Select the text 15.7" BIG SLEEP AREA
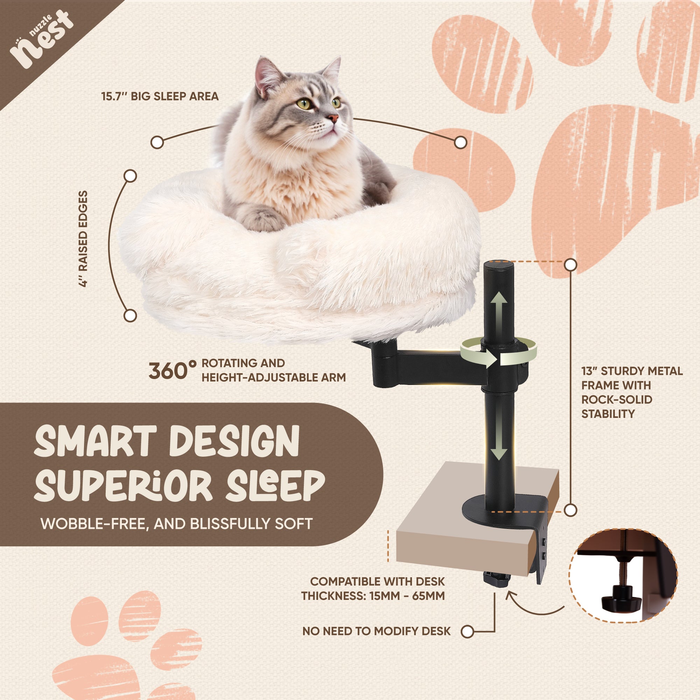click(x=160, y=96)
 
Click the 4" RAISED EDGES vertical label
click(x=83, y=239)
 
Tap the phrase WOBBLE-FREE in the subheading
click(x=94, y=524)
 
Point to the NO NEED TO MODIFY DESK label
click(x=376, y=631)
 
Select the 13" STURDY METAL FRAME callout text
click(x=631, y=392)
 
